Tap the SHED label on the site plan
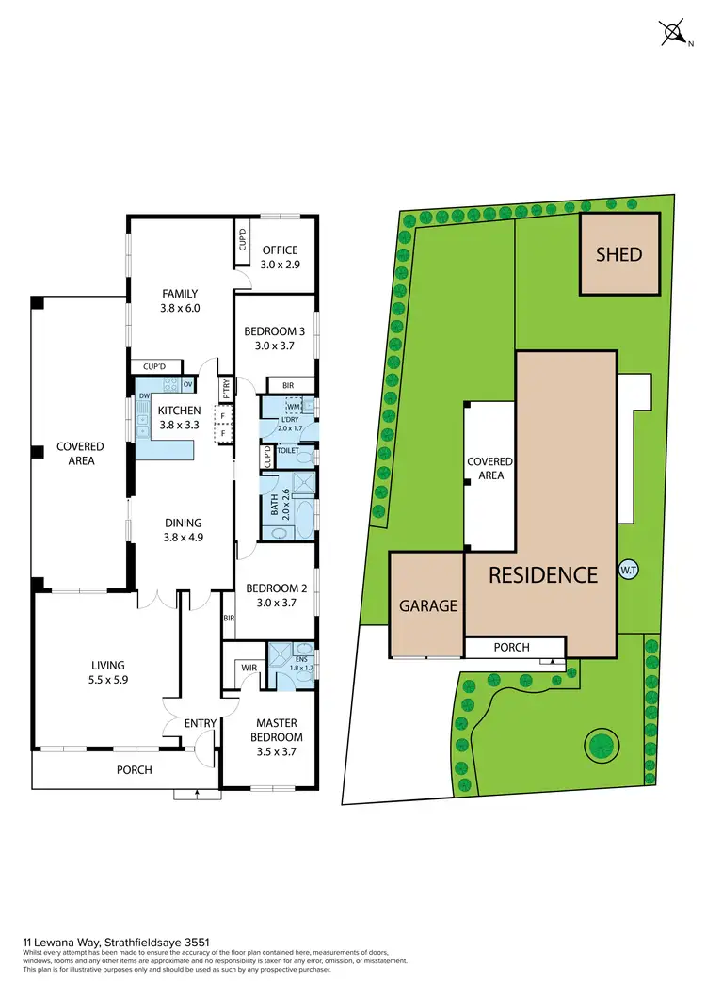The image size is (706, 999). coord(619,254)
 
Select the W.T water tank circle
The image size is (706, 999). coord(628,570)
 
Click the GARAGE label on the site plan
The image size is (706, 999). coord(427,605)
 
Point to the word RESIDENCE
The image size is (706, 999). coord(543,574)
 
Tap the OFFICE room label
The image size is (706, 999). coord(280,250)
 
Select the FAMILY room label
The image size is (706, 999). coord(180,294)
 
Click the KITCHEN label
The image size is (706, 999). coord(179,411)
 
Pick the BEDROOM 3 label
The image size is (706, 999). coord(275,331)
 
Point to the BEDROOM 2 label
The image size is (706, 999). coord(275,589)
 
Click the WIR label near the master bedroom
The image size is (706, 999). coord(249,668)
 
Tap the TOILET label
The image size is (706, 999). coord(287,451)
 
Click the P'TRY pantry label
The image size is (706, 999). coord(226,388)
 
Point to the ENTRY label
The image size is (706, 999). coord(201,723)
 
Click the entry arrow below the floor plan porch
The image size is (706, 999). coord(197,794)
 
